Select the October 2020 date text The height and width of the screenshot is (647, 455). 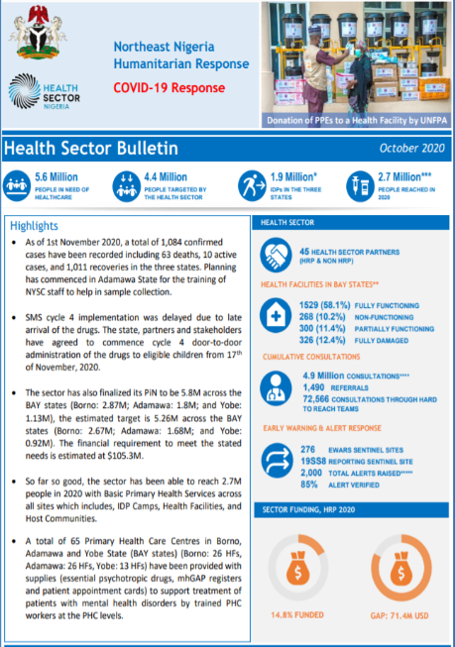coord(410,148)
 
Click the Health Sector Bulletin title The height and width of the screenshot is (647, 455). coord(91,149)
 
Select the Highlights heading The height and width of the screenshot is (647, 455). coord(35,226)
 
